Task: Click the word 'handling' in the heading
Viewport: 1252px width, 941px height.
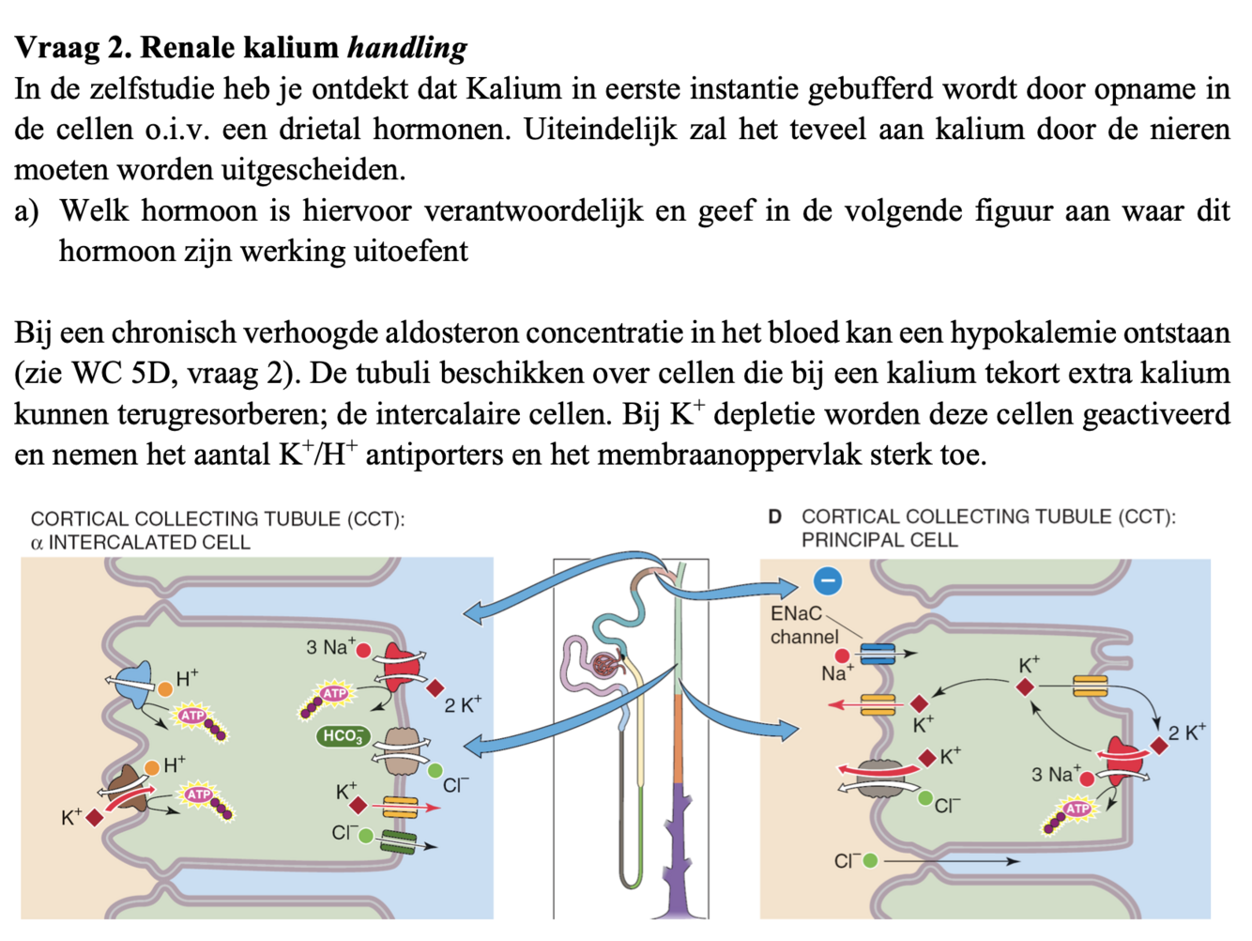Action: point(406,47)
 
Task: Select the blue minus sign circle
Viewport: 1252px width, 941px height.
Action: point(827,581)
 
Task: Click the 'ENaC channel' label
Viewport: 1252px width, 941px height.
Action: point(803,625)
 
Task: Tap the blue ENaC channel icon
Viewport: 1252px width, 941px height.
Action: point(878,654)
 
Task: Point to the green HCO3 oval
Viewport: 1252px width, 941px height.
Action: point(343,736)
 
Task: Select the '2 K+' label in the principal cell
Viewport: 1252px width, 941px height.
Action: point(1186,733)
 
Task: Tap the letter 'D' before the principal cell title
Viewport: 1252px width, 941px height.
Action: point(774,517)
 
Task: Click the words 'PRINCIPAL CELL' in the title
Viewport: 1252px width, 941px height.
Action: point(878,540)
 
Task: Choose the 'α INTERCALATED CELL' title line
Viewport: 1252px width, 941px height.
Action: point(141,542)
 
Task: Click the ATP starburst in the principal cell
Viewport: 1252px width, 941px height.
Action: point(1076,809)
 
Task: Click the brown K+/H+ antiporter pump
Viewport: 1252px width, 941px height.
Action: point(128,787)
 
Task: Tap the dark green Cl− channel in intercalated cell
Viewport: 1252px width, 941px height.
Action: point(399,841)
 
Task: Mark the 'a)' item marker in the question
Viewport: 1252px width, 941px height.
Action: point(26,211)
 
